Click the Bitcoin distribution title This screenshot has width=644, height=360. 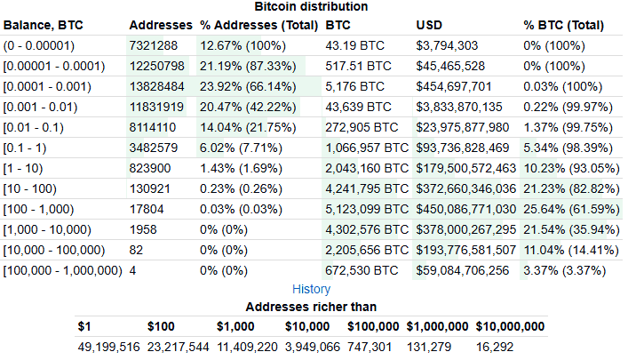pos(311,6)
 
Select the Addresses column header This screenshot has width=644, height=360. pos(159,25)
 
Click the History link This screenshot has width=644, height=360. pos(311,289)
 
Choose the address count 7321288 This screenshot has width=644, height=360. pos(155,45)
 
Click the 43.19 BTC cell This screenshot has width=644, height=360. pos(354,45)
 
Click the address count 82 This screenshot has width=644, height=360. pos(137,249)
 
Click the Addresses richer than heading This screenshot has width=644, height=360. pos(311,307)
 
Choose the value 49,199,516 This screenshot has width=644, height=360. pos(108,347)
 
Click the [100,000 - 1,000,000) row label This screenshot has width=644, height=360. pos(62,269)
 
